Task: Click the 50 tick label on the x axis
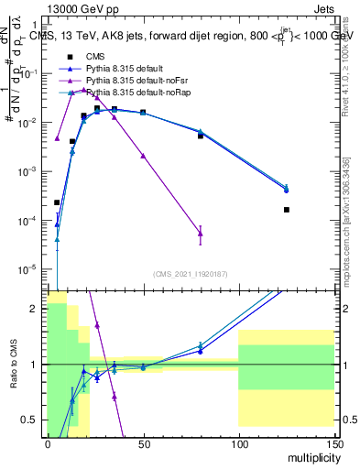[x=143, y=443]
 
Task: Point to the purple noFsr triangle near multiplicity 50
[x=143, y=156]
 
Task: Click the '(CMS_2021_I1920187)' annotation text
[x=190, y=273]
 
